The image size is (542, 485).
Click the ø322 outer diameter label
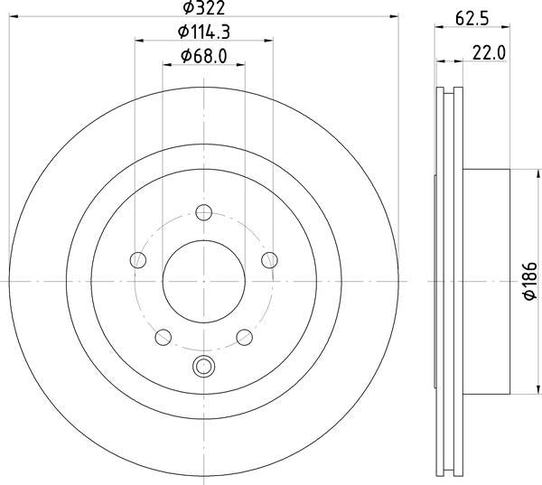tap(203, 8)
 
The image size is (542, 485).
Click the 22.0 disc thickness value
tap(489, 54)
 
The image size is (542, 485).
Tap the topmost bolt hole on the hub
tap(203, 213)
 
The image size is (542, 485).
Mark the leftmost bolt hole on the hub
tap(138, 260)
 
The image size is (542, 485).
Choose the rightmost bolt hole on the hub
tap(268, 260)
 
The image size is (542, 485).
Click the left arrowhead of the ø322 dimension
tap(13, 15)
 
